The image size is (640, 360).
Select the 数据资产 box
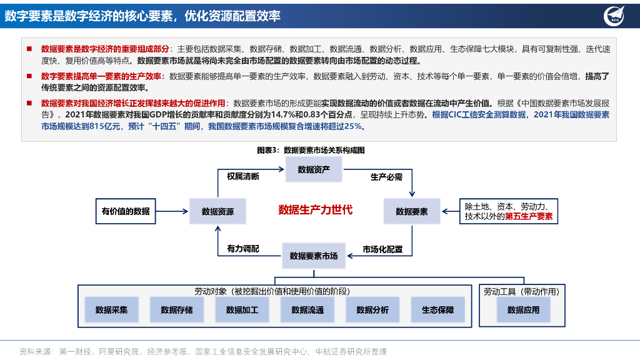pyautogui.click(x=314, y=169)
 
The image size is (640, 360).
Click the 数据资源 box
pyautogui.click(x=217, y=211)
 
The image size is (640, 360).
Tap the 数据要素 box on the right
pyautogui.click(x=412, y=211)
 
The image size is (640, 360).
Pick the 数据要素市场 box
pyautogui.click(x=314, y=256)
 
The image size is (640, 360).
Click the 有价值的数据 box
pyautogui.click(x=126, y=211)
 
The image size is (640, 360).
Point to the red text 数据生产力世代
pyautogui.click(x=315, y=209)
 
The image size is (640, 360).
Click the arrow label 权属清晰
pyautogui.click(x=242, y=177)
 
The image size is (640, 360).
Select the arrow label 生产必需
pyautogui.click(x=386, y=177)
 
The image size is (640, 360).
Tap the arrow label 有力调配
pyautogui.click(x=242, y=249)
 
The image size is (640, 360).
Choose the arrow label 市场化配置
pyautogui.click(x=382, y=249)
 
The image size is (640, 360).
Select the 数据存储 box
pyautogui.click(x=177, y=309)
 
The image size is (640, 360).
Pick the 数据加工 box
pyautogui.click(x=242, y=309)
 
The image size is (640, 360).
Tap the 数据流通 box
pyautogui.click(x=307, y=309)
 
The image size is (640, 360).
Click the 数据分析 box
pyautogui.click(x=372, y=309)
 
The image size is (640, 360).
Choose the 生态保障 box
pyautogui.click(x=437, y=309)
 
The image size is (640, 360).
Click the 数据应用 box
pyautogui.click(x=523, y=309)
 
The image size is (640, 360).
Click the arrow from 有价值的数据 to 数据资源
pyautogui.click(x=172, y=211)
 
